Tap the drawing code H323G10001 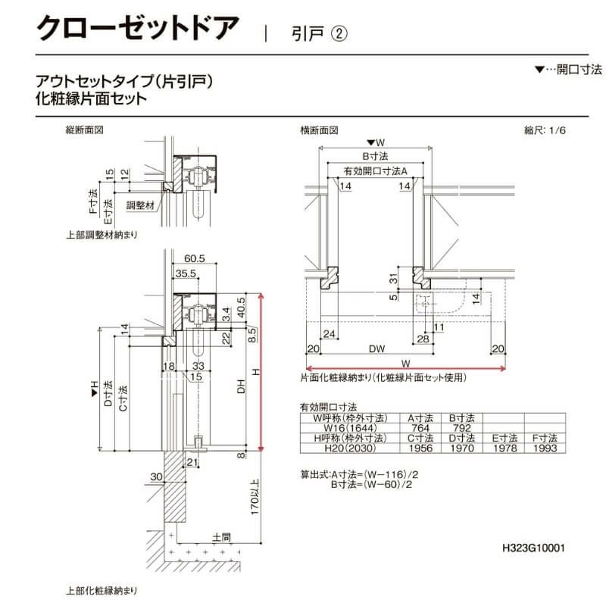533,547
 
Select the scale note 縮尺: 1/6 545,130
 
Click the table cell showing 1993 544,448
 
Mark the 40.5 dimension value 241,305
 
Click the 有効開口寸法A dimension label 375,170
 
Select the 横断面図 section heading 319,130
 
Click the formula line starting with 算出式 362,475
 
